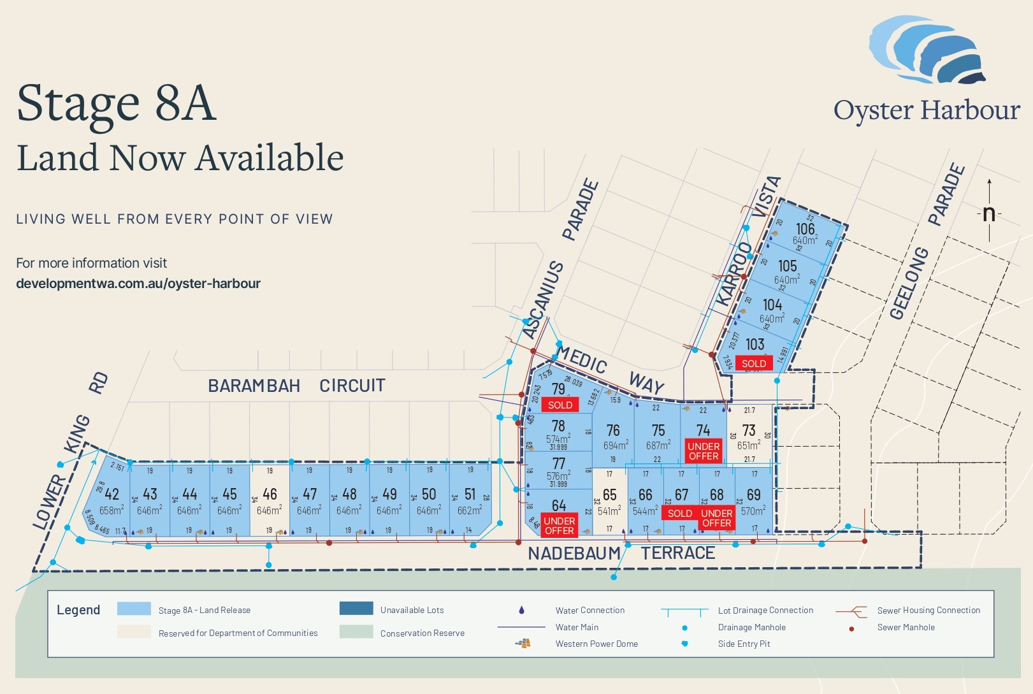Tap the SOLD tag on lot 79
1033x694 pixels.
click(x=560, y=405)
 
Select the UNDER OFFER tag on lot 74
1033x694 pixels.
click(x=704, y=451)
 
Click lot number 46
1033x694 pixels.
click(x=270, y=494)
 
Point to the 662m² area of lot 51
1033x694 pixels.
click(x=470, y=510)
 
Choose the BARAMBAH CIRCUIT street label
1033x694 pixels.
click(x=296, y=386)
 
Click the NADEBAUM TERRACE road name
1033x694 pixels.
click(x=621, y=553)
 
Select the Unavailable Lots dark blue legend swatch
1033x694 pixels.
click(x=356, y=609)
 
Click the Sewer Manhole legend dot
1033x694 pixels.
click(x=851, y=628)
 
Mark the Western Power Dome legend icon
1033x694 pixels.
click(x=523, y=644)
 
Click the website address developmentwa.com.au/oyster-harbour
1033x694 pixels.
click(x=138, y=284)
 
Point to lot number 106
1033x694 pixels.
click(x=805, y=228)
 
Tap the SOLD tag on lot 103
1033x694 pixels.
click(x=754, y=363)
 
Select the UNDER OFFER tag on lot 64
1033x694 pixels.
click(x=559, y=526)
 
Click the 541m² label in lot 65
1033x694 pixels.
click(x=609, y=511)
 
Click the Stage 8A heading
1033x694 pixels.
click(x=117, y=103)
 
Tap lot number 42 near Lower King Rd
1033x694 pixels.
click(x=112, y=494)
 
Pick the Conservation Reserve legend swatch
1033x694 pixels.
click(x=356, y=632)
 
